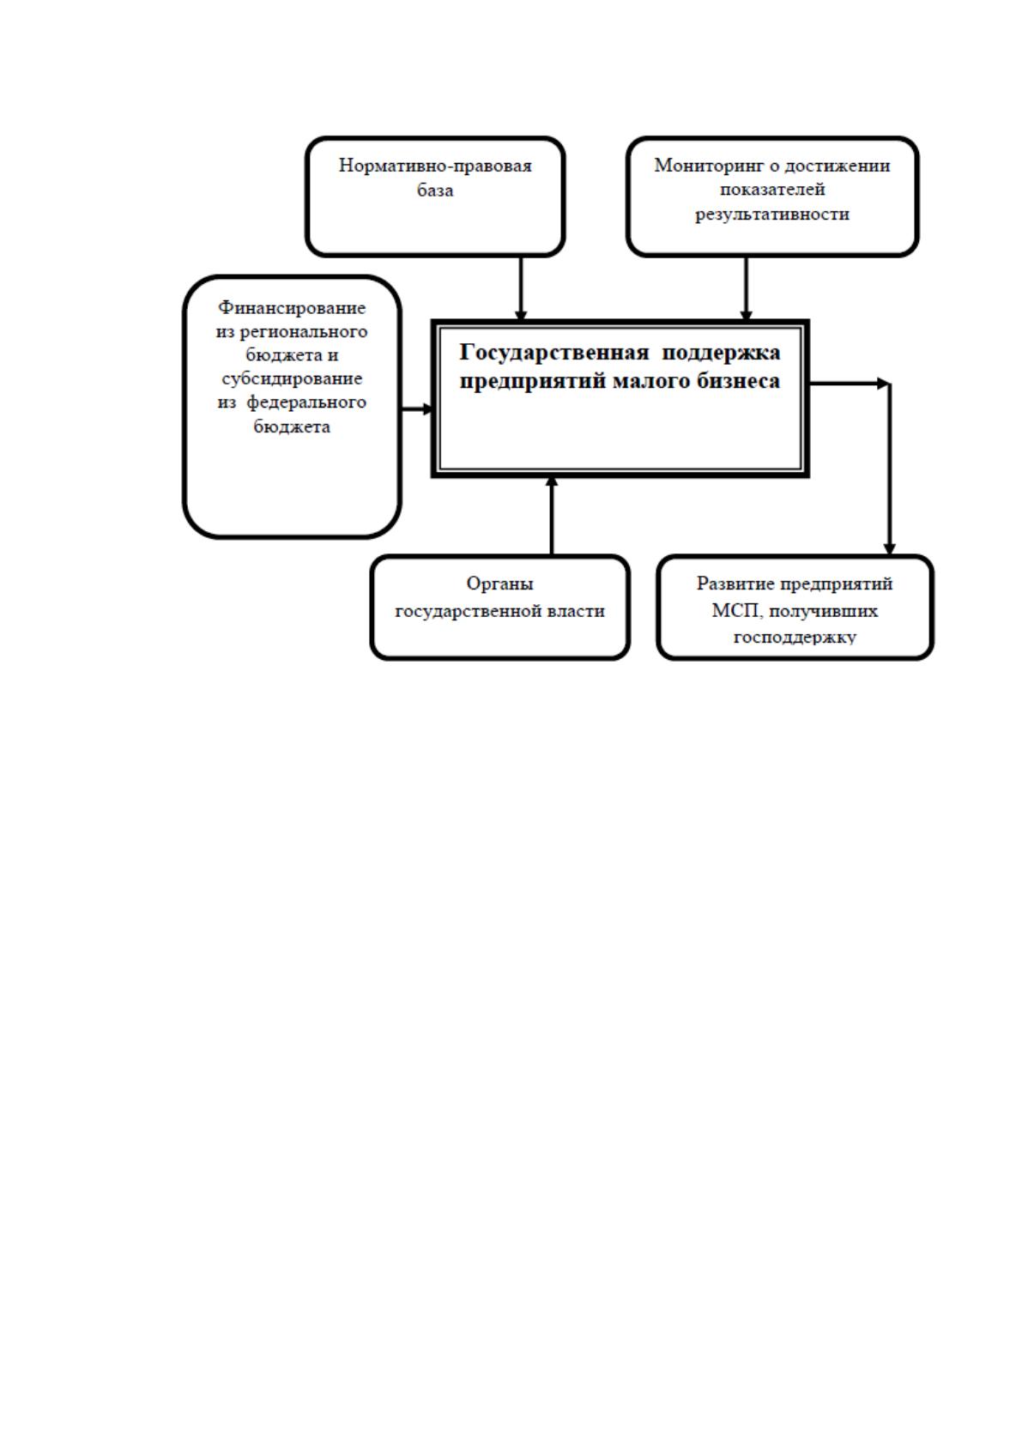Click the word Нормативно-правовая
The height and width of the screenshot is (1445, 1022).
pos(435,166)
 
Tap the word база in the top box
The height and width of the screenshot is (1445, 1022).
pos(435,190)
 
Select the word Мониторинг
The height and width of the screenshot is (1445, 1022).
pos(709,166)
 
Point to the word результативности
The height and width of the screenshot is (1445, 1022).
pos(771,215)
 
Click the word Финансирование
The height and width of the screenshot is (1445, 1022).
pos(292,308)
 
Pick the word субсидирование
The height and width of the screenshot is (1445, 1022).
pos(292,378)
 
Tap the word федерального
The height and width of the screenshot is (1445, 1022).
pos(306,402)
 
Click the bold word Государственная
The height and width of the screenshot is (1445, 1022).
pos(554,352)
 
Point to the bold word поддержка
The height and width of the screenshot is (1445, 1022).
pos(722,353)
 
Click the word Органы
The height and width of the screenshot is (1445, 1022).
pos(499,583)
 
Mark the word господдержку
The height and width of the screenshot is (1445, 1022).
pos(795,638)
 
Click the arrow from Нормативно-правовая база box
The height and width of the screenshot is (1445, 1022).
pos(520,288)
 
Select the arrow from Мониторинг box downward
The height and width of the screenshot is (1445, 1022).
pos(746,288)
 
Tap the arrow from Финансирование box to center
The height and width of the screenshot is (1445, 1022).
pos(417,409)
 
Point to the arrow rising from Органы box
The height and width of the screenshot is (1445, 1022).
pos(552,516)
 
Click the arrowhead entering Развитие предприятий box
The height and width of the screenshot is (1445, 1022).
pos(889,549)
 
